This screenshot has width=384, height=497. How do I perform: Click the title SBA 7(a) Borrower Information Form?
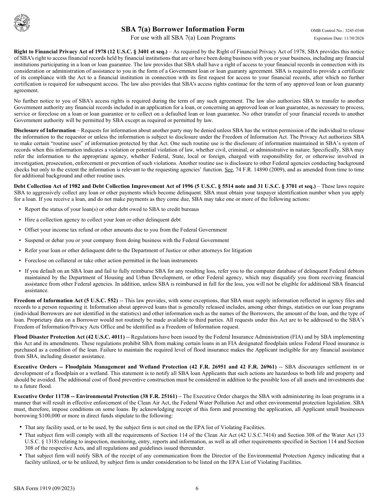(x=183, y=29)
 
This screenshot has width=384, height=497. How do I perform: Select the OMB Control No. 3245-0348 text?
(x=337, y=31)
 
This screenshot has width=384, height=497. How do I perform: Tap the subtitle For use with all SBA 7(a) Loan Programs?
(x=183, y=38)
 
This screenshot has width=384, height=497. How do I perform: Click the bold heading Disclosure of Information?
(x=45, y=131)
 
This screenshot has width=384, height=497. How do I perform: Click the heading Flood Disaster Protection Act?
(x=67, y=337)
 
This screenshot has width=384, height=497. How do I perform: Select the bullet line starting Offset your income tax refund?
(x=126, y=230)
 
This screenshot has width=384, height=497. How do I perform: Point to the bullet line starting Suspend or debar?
(x=127, y=240)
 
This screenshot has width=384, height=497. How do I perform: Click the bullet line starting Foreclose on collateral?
(x=111, y=261)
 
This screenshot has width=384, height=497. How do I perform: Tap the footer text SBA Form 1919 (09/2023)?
(x=44, y=488)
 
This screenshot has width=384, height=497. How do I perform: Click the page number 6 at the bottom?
(x=197, y=488)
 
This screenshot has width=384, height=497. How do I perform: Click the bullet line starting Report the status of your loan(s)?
(x=112, y=209)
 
